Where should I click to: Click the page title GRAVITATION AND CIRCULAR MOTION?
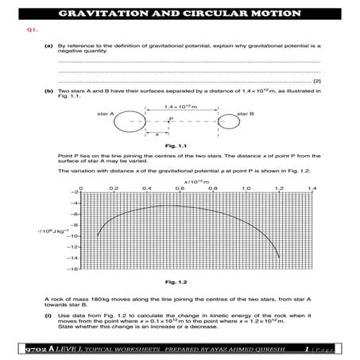180,14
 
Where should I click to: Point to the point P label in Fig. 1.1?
171,117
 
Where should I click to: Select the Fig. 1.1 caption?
180,145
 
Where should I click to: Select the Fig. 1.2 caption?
180,281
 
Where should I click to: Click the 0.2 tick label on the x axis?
114,188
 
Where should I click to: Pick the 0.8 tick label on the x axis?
213,188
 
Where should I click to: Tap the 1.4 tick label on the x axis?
312,188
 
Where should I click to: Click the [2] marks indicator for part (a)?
316,81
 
